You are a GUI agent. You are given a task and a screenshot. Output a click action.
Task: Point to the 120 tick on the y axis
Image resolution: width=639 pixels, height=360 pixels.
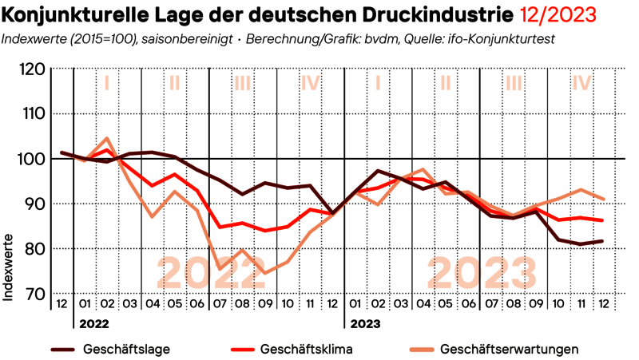tap(32, 69)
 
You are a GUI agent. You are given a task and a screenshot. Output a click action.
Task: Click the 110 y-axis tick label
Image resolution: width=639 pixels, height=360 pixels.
tap(32, 114)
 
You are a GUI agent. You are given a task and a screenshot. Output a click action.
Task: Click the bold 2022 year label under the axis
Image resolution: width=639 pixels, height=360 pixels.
tap(93, 325)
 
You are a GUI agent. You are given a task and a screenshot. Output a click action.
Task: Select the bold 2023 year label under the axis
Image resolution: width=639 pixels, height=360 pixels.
tap(363, 325)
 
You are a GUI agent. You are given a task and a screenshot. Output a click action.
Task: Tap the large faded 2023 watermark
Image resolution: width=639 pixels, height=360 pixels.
tap(482, 273)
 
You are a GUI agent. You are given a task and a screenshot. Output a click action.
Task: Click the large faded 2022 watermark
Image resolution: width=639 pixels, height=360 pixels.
tap(211, 273)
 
